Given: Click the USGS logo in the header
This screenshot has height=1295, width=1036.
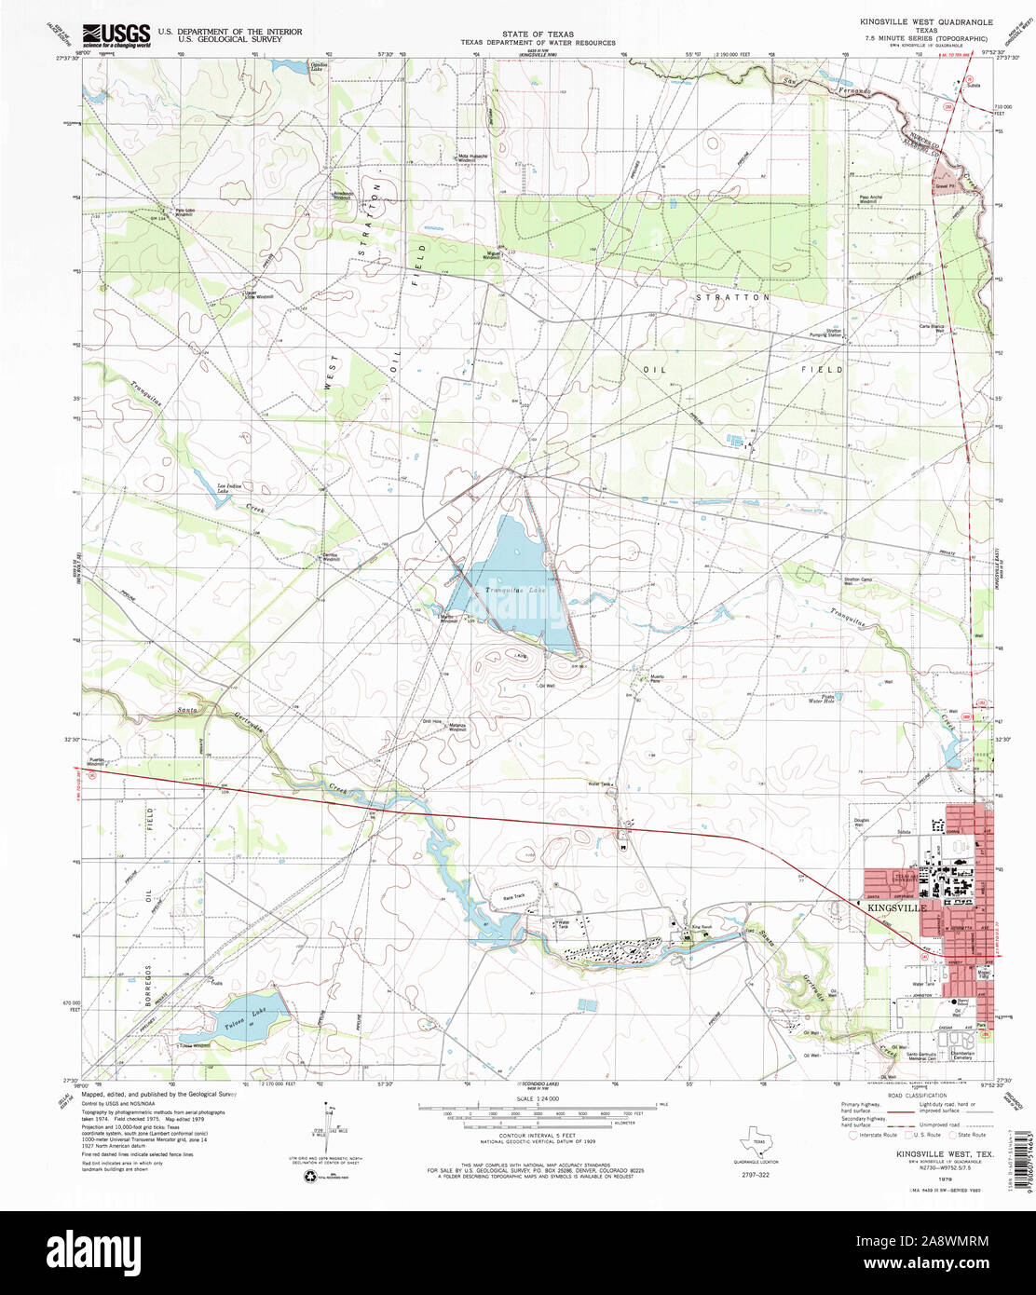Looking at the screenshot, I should click(116, 35).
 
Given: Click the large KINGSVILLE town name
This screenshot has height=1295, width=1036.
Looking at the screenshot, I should click(896, 906).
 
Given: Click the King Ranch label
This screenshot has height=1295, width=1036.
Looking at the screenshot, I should click(701, 927).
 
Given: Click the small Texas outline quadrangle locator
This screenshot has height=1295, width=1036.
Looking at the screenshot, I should click(759, 1130).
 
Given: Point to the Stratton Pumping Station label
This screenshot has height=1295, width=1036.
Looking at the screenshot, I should click(833, 332).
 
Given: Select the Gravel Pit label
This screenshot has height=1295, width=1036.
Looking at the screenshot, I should click(946, 185).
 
